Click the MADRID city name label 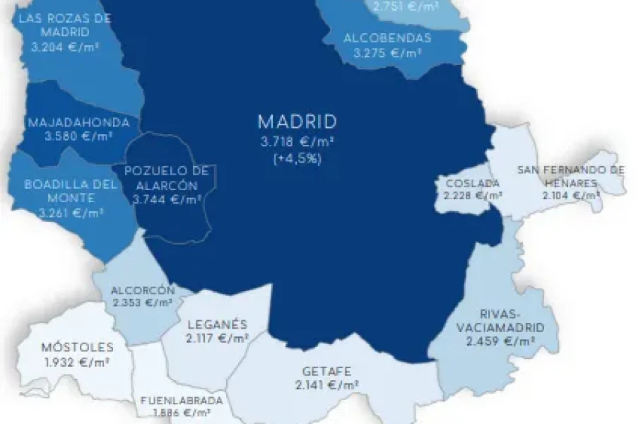[297, 121]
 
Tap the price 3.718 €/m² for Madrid [297, 142]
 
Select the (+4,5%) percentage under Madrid [297, 159]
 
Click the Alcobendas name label [387, 38]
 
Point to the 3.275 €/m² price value [387, 53]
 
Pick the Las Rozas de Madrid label [64, 25]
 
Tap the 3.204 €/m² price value [64, 49]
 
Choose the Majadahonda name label [78, 122]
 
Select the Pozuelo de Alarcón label [167, 178]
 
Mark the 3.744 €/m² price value [167, 200]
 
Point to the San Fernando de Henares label [570, 175]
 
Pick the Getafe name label [326, 372]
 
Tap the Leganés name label [217, 325]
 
